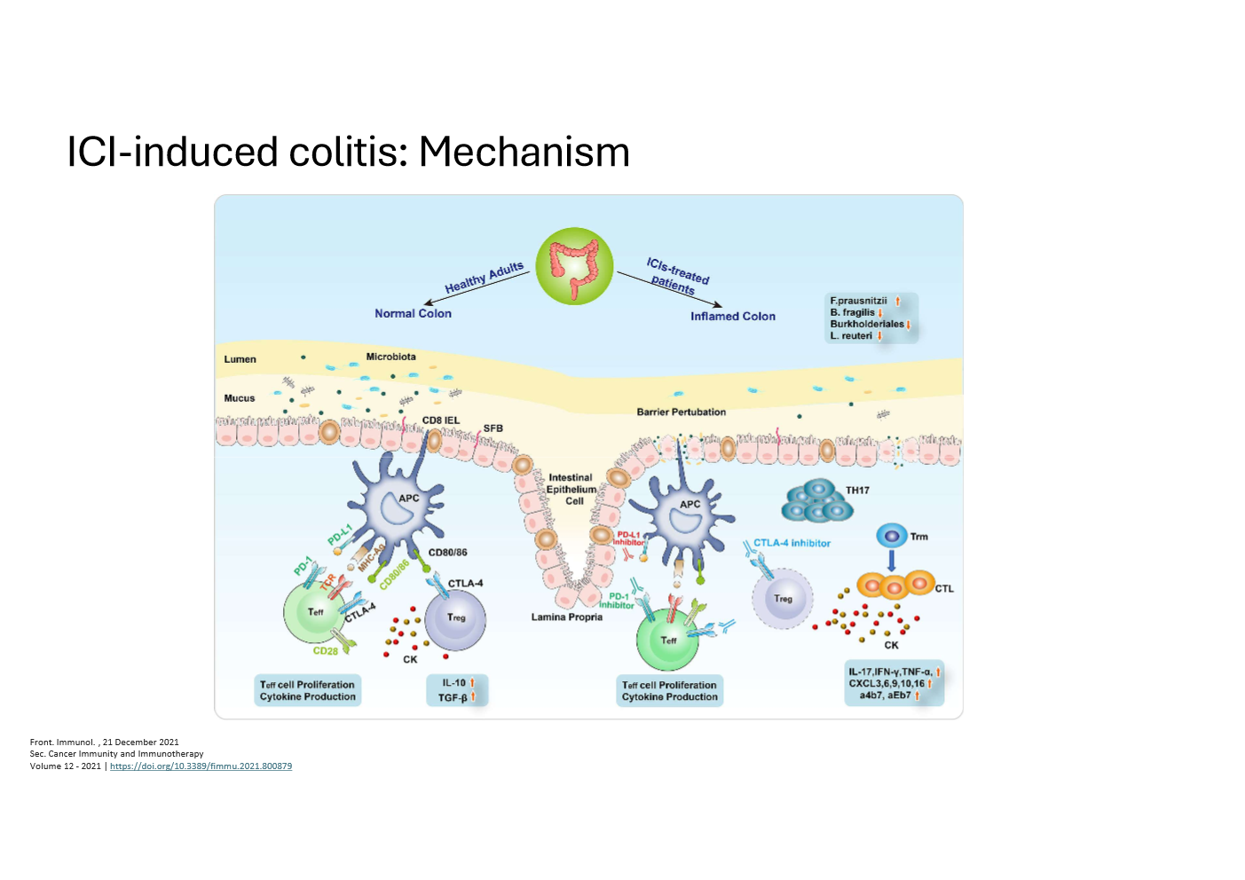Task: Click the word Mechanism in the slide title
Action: point(524,152)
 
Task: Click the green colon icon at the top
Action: point(574,266)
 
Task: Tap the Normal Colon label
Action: point(413,313)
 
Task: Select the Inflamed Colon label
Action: point(732,316)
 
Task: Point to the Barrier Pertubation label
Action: point(681,412)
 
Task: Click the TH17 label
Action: point(857,490)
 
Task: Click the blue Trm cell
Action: point(891,536)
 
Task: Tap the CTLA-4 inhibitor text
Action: point(792,543)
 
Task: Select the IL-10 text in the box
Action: point(453,683)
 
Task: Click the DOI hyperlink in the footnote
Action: point(201,766)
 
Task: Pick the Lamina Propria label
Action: point(566,617)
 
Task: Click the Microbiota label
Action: point(390,357)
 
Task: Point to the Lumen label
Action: point(240,359)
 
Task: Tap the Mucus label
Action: point(239,398)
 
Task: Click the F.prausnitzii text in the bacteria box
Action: point(858,301)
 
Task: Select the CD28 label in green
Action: point(325,650)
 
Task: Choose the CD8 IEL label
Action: point(440,420)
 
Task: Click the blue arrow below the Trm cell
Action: point(892,561)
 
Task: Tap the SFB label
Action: point(492,428)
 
